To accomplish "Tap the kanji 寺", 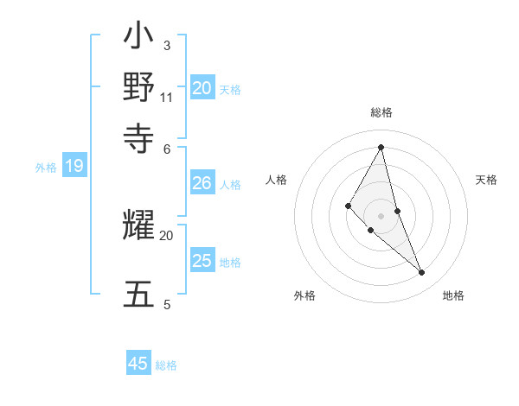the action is click(x=139, y=136).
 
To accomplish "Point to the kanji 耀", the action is click(x=139, y=227).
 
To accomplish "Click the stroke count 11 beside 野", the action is click(x=167, y=97).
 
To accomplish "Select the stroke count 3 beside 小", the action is click(x=166, y=45).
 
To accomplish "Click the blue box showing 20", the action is click(x=202, y=87).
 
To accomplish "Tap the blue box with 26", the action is click(x=202, y=183).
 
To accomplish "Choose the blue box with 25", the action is click(x=202, y=261).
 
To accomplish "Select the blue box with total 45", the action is click(x=138, y=364).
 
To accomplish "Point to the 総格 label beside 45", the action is click(x=166, y=365).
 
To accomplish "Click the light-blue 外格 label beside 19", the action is click(x=46, y=168).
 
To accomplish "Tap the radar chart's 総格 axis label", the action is click(x=381, y=112).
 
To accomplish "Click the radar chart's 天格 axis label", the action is click(x=486, y=180).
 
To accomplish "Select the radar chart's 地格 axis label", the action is click(x=453, y=295).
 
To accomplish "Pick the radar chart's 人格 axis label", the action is click(x=276, y=180).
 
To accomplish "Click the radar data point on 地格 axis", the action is click(x=422, y=273).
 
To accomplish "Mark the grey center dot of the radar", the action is click(x=381, y=216).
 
